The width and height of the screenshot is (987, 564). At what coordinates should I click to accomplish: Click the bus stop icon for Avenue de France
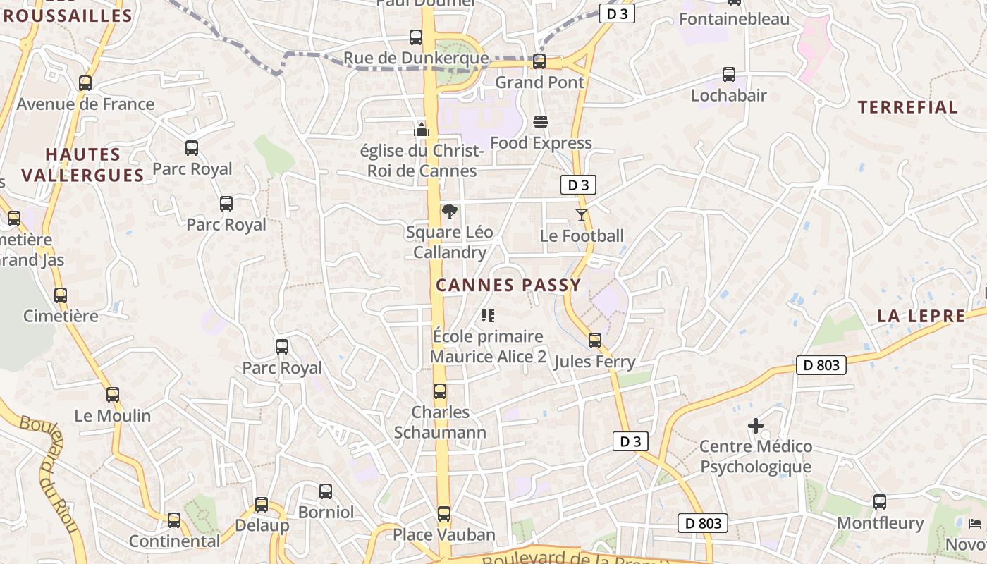tap(85, 82)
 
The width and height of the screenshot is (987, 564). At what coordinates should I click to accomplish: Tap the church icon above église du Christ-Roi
tap(422, 130)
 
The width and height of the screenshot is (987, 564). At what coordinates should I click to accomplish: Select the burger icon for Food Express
tap(541, 122)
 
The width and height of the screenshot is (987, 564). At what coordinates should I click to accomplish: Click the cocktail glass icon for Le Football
tap(582, 215)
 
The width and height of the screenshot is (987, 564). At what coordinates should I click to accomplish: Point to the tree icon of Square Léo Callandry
tap(449, 211)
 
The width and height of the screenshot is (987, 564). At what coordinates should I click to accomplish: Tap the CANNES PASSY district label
tap(508, 286)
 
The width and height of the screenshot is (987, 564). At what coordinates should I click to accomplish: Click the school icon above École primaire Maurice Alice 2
tap(488, 316)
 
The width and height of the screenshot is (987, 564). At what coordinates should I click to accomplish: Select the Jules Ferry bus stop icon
tap(595, 341)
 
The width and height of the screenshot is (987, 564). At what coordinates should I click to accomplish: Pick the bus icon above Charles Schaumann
tap(440, 391)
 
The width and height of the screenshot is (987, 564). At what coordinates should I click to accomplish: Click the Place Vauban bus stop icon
tap(444, 513)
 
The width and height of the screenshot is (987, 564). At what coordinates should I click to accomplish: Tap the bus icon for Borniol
tap(326, 491)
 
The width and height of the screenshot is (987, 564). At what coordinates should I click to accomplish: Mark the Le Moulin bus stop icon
tap(113, 395)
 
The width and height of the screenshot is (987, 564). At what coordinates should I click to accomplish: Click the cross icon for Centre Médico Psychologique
tap(756, 426)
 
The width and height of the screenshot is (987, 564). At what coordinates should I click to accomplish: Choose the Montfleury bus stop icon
tap(880, 502)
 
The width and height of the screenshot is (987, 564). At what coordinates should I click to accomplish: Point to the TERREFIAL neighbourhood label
tap(907, 108)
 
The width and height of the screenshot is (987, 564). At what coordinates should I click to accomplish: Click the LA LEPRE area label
tap(921, 317)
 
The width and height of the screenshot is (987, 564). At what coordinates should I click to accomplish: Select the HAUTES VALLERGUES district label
tap(82, 164)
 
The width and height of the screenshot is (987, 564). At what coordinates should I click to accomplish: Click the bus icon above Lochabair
tap(729, 74)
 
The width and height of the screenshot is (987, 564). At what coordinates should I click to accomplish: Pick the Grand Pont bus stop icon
tap(539, 61)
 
